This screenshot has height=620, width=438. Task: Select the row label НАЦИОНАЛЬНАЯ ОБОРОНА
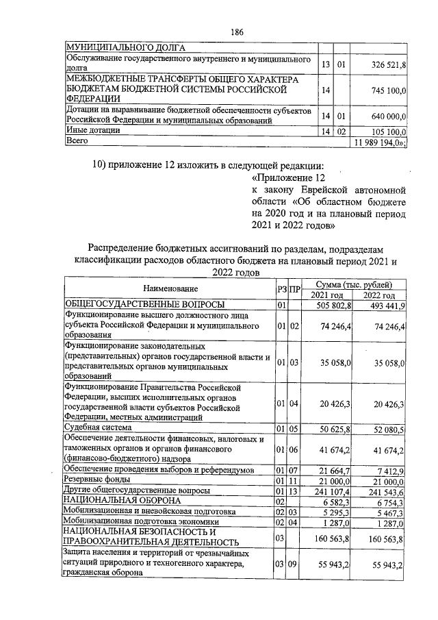[x=114, y=502]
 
